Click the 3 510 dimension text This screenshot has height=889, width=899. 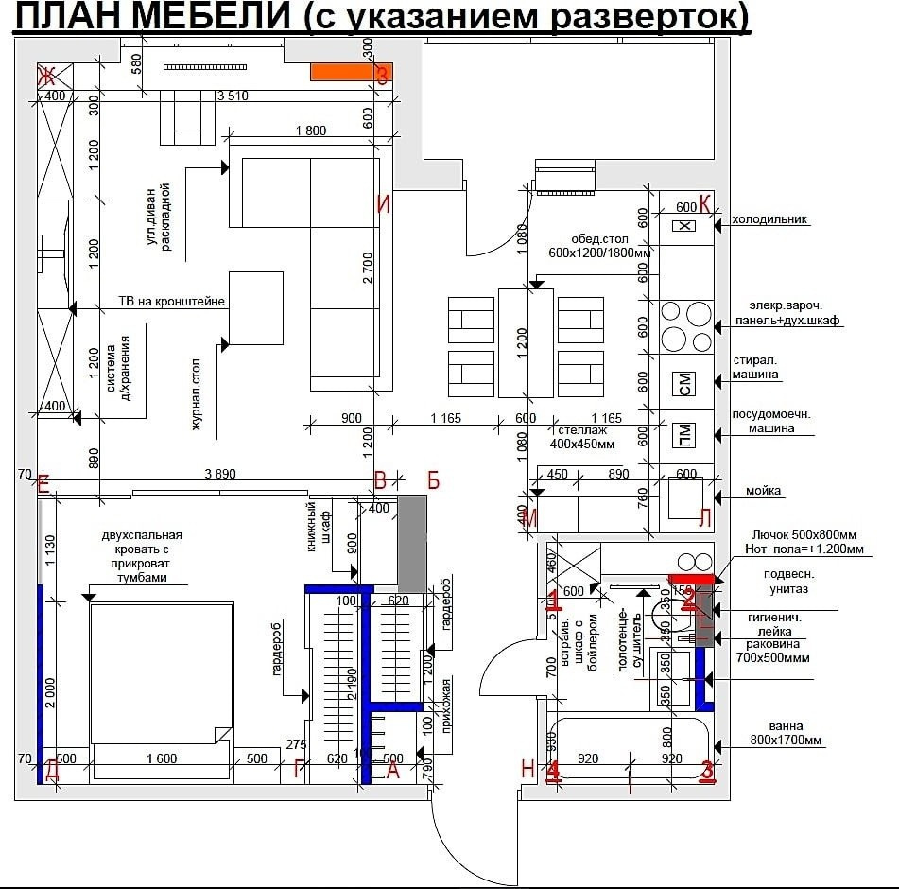coord(232,96)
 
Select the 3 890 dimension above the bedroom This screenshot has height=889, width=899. coord(219,475)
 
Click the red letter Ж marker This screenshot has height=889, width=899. coord(44,76)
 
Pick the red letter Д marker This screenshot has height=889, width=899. coord(52,771)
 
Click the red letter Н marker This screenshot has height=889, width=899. coord(528,769)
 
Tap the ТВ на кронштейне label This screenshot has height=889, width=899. coord(171,302)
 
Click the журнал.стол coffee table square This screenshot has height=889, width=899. coord(256,307)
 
